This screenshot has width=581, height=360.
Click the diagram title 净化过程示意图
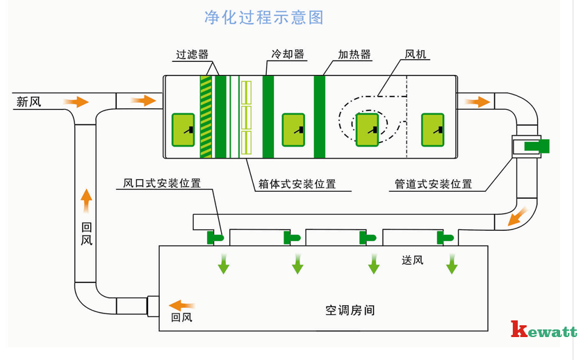tap(263, 17)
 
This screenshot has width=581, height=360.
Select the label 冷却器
tap(288, 54)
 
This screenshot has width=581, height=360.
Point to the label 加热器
tap(354, 55)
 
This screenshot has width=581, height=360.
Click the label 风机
tap(416, 55)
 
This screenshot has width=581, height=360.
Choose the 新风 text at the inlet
tap(29, 102)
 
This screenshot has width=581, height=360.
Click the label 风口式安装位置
tap(162, 184)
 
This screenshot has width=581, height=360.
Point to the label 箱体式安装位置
tap(297, 184)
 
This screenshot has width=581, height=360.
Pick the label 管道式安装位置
tap(433, 184)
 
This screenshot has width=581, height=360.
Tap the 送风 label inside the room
tap(412, 261)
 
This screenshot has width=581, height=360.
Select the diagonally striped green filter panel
tap(206, 116)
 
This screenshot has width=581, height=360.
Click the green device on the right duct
tap(537, 145)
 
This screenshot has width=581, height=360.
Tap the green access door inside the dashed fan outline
tap(366, 129)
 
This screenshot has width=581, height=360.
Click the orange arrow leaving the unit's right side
tap(477, 101)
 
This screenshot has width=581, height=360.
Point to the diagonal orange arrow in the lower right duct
tap(515, 219)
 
